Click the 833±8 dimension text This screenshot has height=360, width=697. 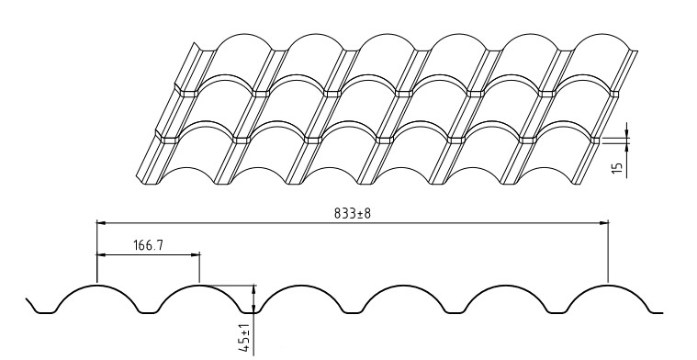(x=352, y=213)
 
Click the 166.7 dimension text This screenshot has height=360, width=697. (x=149, y=245)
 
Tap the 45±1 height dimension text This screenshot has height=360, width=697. (x=244, y=339)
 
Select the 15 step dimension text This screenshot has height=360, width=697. (x=617, y=168)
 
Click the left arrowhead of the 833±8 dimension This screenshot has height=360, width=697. (x=102, y=222)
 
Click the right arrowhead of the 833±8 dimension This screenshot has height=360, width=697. (x=602, y=222)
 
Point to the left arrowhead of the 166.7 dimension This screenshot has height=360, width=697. (x=102, y=254)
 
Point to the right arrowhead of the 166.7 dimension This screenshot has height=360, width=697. (x=195, y=254)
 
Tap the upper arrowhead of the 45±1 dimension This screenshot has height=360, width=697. (x=253, y=290)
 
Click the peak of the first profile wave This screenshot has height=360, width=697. (x=97, y=286)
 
